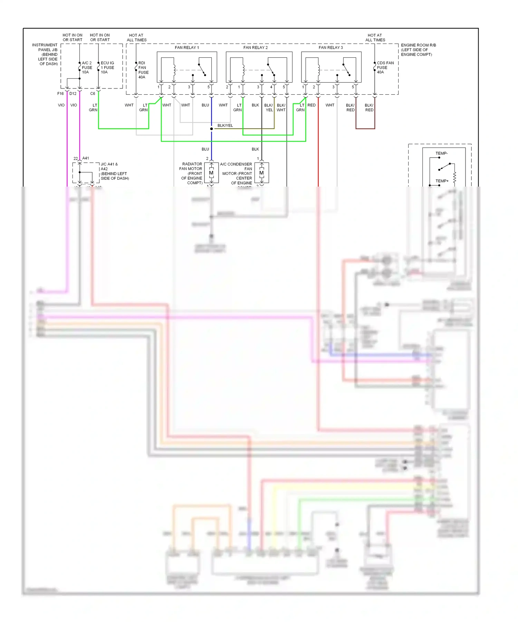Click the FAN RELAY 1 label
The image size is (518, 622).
[x=187, y=48]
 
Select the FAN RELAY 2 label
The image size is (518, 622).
[x=256, y=48]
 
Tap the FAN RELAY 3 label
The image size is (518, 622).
[x=331, y=48]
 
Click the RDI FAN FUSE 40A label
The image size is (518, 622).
[x=143, y=70]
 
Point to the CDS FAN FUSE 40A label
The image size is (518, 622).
[x=385, y=68]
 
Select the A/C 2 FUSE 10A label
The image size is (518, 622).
[x=87, y=68]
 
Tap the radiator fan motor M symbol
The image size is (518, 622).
[x=211, y=173]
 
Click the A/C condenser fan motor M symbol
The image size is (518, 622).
[x=261, y=173]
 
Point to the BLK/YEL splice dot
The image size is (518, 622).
[x=212, y=129]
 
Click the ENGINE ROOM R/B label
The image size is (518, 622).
[x=418, y=45]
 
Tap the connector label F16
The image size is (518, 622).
[x=60, y=94]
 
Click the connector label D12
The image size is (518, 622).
[x=73, y=94]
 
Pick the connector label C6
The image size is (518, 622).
[x=93, y=94]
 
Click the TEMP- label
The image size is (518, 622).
[x=441, y=153]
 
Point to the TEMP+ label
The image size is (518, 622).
[x=442, y=181]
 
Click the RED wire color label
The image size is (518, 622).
[x=311, y=105]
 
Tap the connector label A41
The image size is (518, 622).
[x=86, y=158]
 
